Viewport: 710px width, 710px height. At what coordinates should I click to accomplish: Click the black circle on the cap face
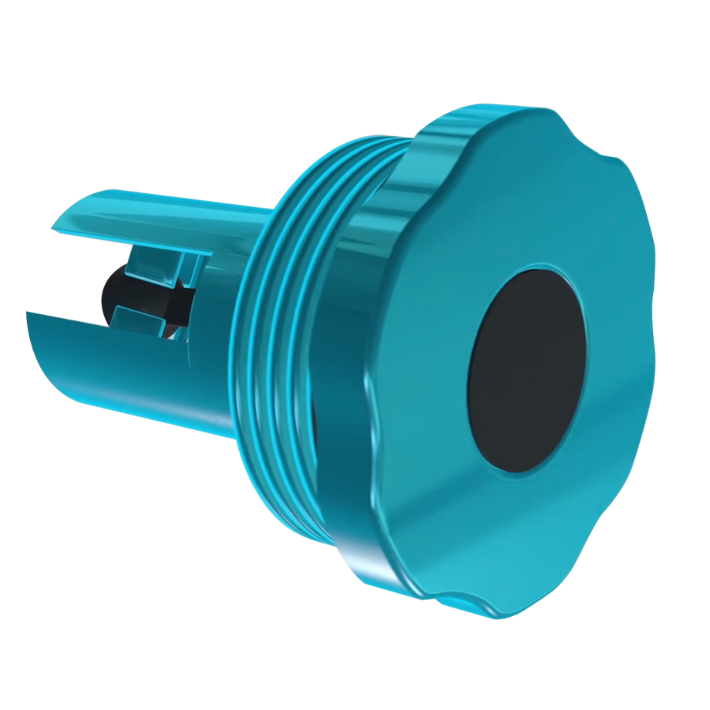(527, 371)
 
